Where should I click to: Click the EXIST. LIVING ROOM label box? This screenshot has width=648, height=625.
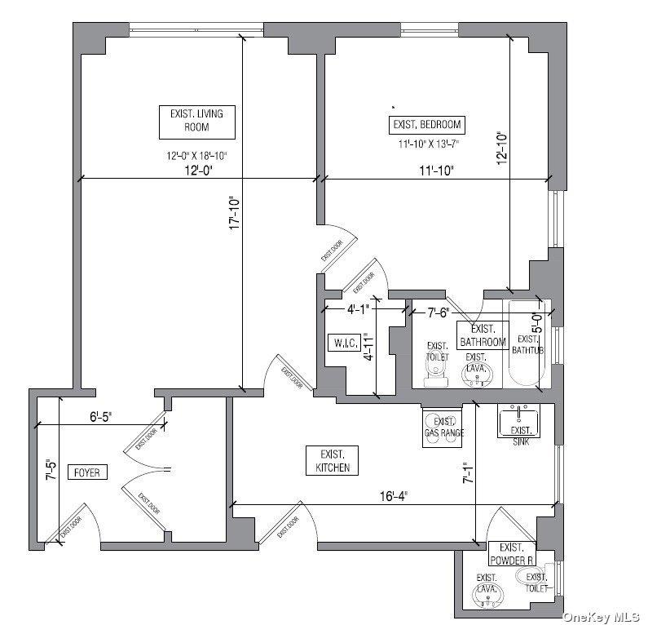click(x=196, y=121)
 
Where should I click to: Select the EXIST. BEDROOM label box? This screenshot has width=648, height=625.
click(x=427, y=125)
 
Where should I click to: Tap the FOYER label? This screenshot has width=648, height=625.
click(x=86, y=472)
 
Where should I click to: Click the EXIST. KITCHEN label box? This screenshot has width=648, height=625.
click(x=333, y=460)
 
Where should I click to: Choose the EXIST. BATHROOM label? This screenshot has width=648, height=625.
click(x=483, y=336)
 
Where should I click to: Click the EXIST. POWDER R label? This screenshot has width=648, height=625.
click(x=512, y=554)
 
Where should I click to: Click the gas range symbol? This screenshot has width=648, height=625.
click(x=444, y=426)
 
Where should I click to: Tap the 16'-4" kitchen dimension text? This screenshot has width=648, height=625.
click(x=392, y=496)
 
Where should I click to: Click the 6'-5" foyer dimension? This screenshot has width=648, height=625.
click(x=101, y=414)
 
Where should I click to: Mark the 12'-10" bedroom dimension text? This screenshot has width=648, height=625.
click(x=501, y=149)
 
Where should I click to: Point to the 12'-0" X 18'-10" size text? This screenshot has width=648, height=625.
click(x=196, y=155)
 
